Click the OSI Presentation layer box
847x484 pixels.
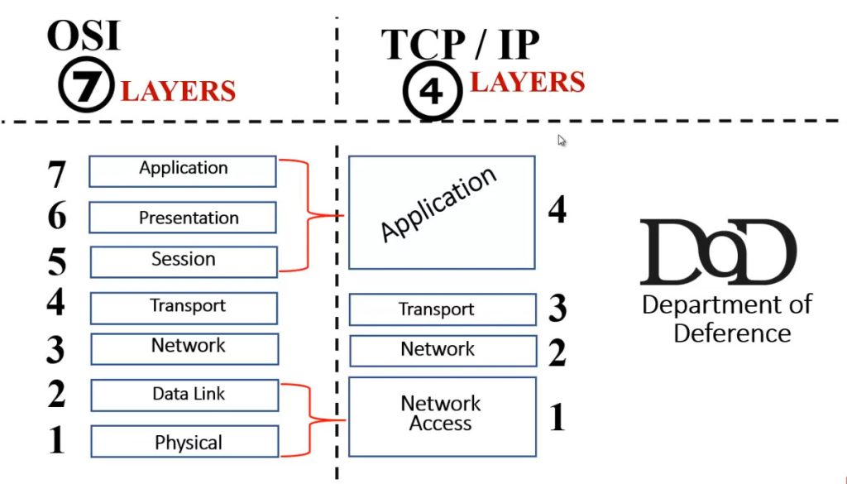[x=182, y=218]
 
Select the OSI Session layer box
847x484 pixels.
[x=183, y=261]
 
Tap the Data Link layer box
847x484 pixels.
[x=184, y=395]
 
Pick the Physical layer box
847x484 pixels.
[x=184, y=442]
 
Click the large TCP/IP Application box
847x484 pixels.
[x=441, y=212]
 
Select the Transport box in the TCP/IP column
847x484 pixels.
[x=442, y=310]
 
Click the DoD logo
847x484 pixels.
[x=717, y=252]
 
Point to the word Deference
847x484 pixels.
[x=732, y=333]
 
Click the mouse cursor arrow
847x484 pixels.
[x=562, y=141]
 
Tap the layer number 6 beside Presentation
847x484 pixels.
[x=56, y=217]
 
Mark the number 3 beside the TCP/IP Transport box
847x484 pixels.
[x=557, y=309]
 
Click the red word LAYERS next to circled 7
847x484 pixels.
[x=178, y=90]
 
